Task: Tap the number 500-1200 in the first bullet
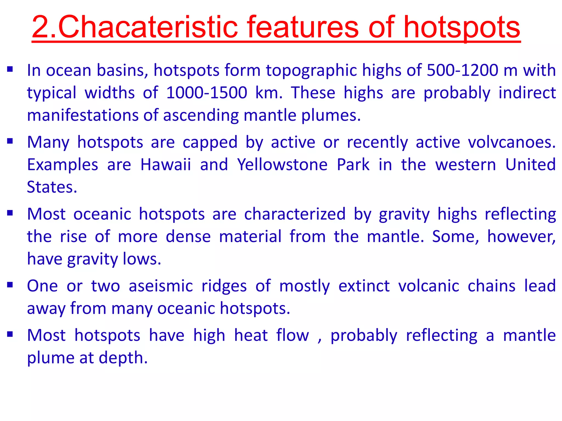pyautogui.click(x=462, y=70)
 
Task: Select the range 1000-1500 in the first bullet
pyautogui.click(x=207, y=93)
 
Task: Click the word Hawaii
pyautogui.click(x=165, y=165)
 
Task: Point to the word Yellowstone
pyautogui.click(x=282, y=165)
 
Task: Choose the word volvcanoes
pyautogui.click(x=512, y=142)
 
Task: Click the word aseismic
pyautogui.click(x=161, y=286)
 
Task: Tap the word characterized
pyautogui.click(x=295, y=214)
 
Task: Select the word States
pyautogui.click(x=52, y=187)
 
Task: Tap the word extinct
pyautogui.click(x=364, y=286)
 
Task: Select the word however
pyautogui.click(x=521, y=237)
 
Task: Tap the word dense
pyautogui.click(x=188, y=237)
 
